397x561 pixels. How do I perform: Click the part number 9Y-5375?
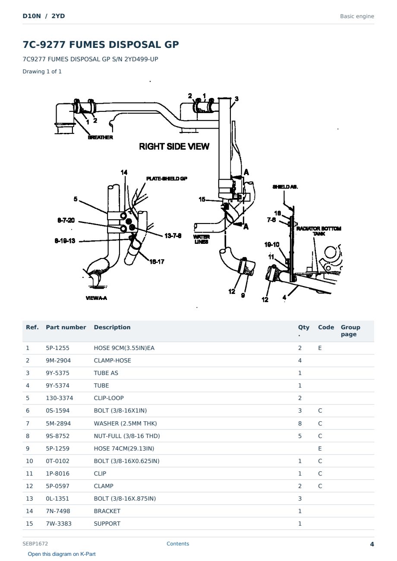pyautogui.click(x=57, y=373)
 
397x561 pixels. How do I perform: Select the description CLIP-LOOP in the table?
pyautogui.click(x=109, y=398)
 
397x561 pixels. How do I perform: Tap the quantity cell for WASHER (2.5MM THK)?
pyautogui.click(x=300, y=423)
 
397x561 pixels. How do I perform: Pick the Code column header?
pyautogui.click(x=326, y=328)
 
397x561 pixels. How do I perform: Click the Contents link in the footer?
pyautogui.click(x=178, y=544)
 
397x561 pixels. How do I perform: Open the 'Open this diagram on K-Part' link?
pyautogui.click(x=62, y=554)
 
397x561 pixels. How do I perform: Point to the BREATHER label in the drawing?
pyautogui.click(x=100, y=137)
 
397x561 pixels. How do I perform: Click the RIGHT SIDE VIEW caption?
pyautogui.click(x=174, y=147)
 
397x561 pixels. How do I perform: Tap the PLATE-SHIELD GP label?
pyautogui.click(x=167, y=179)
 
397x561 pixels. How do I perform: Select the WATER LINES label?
pyautogui.click(x=202, y=239)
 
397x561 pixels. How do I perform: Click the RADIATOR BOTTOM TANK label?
pyautogui.click(x=318, y=231)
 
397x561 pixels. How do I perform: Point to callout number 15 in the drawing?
pyautogui.click(x=202, y=199)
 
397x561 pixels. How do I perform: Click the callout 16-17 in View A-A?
pyautogui.click(x=157, y=262)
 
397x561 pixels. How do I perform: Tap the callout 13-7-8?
pyautogui.click(x=173, y=236)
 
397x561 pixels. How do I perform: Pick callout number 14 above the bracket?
pyautogui.click(x=124, y=172)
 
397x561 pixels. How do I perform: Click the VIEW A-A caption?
pyautogui.click(x=96, y=298)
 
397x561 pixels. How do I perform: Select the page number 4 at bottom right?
pyautogui.click(x=372, y=544)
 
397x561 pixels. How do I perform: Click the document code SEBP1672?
pyautogui.click(x=35, y=544)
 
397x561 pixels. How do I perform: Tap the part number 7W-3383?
pyautogui.click(x=59, y=523)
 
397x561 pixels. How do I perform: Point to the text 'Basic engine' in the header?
pyautogui.click(x=357, y=16)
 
